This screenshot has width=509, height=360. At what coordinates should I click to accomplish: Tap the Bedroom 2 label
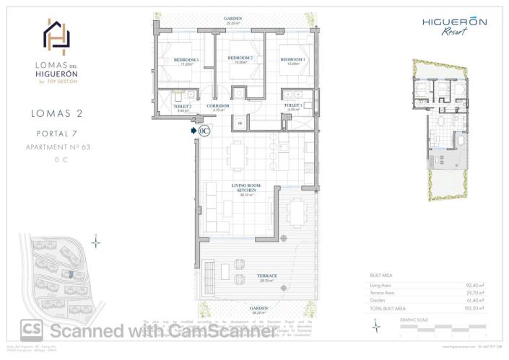pos(240,58)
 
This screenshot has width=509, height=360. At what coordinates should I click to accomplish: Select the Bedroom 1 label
pos(292,58)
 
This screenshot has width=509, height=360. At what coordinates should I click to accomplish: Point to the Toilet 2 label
pos(182,106)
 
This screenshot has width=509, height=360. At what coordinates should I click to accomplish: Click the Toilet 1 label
pos(292,105)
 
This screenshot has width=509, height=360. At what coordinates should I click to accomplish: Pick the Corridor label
pos(218,105)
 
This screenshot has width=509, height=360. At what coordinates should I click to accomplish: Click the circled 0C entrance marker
pos(204,131)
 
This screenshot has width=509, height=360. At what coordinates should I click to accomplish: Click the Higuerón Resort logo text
pos(454,25)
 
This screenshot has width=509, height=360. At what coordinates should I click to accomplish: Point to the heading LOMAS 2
pos(56,113)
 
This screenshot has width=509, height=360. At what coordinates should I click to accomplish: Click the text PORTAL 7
pos(56,133)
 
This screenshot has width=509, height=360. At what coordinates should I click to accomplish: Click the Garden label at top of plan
pos(232,19)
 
